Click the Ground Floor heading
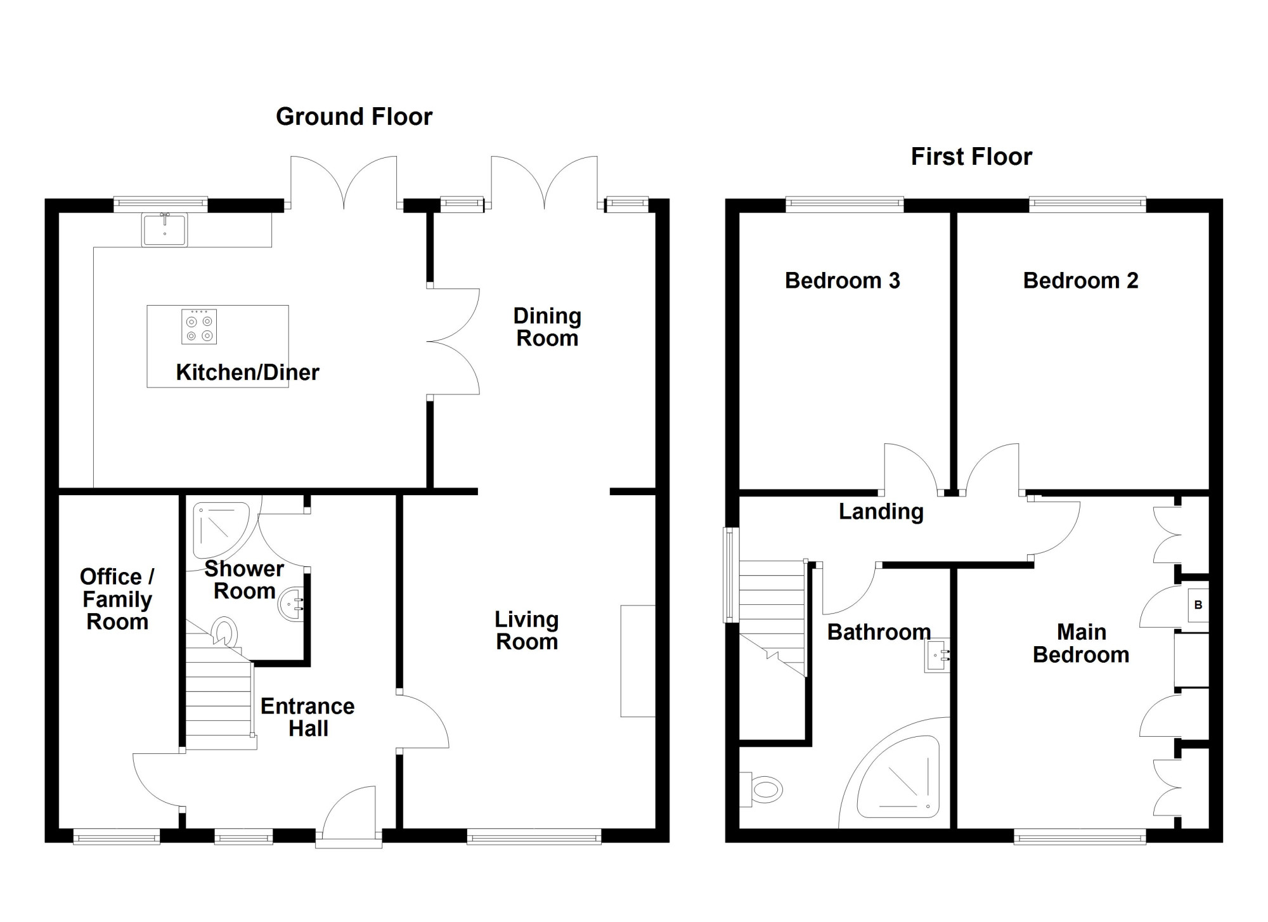(354, 117)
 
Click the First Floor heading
(971, 157)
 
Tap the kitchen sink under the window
(165, 230)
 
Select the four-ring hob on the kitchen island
(199, 327)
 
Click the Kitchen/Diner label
(247, 372)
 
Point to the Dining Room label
(547, 327)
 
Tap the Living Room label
(527, 630)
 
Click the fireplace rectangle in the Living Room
(638, 661)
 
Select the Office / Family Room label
(117, 599)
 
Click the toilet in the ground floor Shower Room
(224, 632)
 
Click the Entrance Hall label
(307, 717)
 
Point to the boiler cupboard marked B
(1198, 605)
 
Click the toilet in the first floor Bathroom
(761, 789)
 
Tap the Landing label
(881, 512)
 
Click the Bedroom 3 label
(842, 280)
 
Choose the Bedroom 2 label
(1080, 280)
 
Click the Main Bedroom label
(1081, 643)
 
